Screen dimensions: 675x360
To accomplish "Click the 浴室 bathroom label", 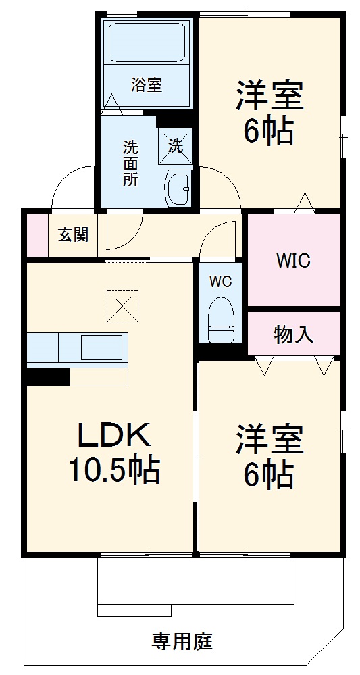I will coord(147,86).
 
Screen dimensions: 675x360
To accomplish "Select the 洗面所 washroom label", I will coord(130,163).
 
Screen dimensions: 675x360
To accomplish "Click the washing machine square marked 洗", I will coord(176,146).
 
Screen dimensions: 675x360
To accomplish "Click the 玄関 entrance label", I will coord(72,235).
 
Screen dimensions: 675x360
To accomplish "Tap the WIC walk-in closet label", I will coord(293,261).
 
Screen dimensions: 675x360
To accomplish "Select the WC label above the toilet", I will coord(220,281).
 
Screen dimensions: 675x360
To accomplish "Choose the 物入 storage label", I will coord(294,334).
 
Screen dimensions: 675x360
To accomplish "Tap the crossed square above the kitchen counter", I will coord(122,306).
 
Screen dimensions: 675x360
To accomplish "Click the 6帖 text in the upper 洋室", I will coord(269,132).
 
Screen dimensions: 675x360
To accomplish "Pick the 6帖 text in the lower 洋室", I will coord(269,474).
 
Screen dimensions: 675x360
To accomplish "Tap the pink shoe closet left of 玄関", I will coord(37,235).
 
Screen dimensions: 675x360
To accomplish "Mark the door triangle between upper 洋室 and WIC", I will coord(304,203).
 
